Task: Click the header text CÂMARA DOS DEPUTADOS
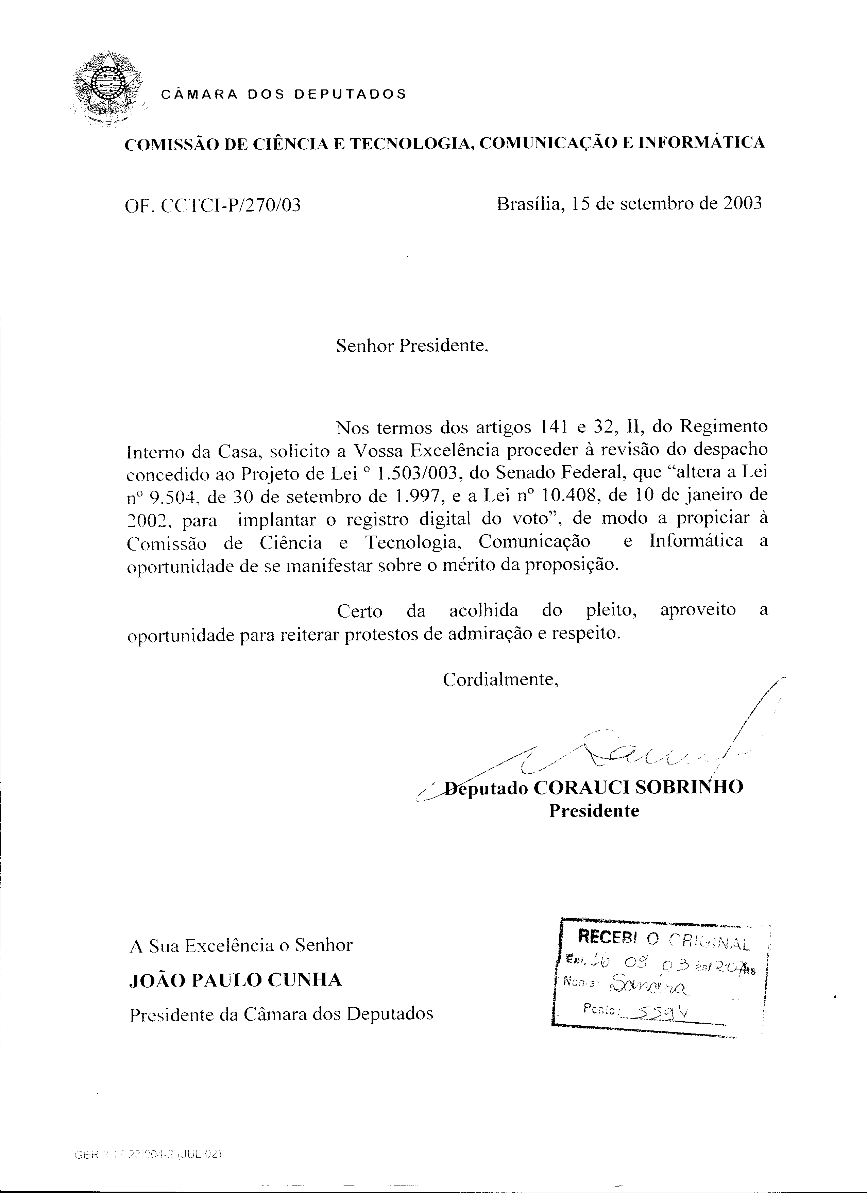pyautogui.click(x=284, y=94)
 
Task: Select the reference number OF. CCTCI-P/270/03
pyautogui.click(x=213, y=205)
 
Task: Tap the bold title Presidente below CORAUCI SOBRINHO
pyautogui.click(x=594, y=811)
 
